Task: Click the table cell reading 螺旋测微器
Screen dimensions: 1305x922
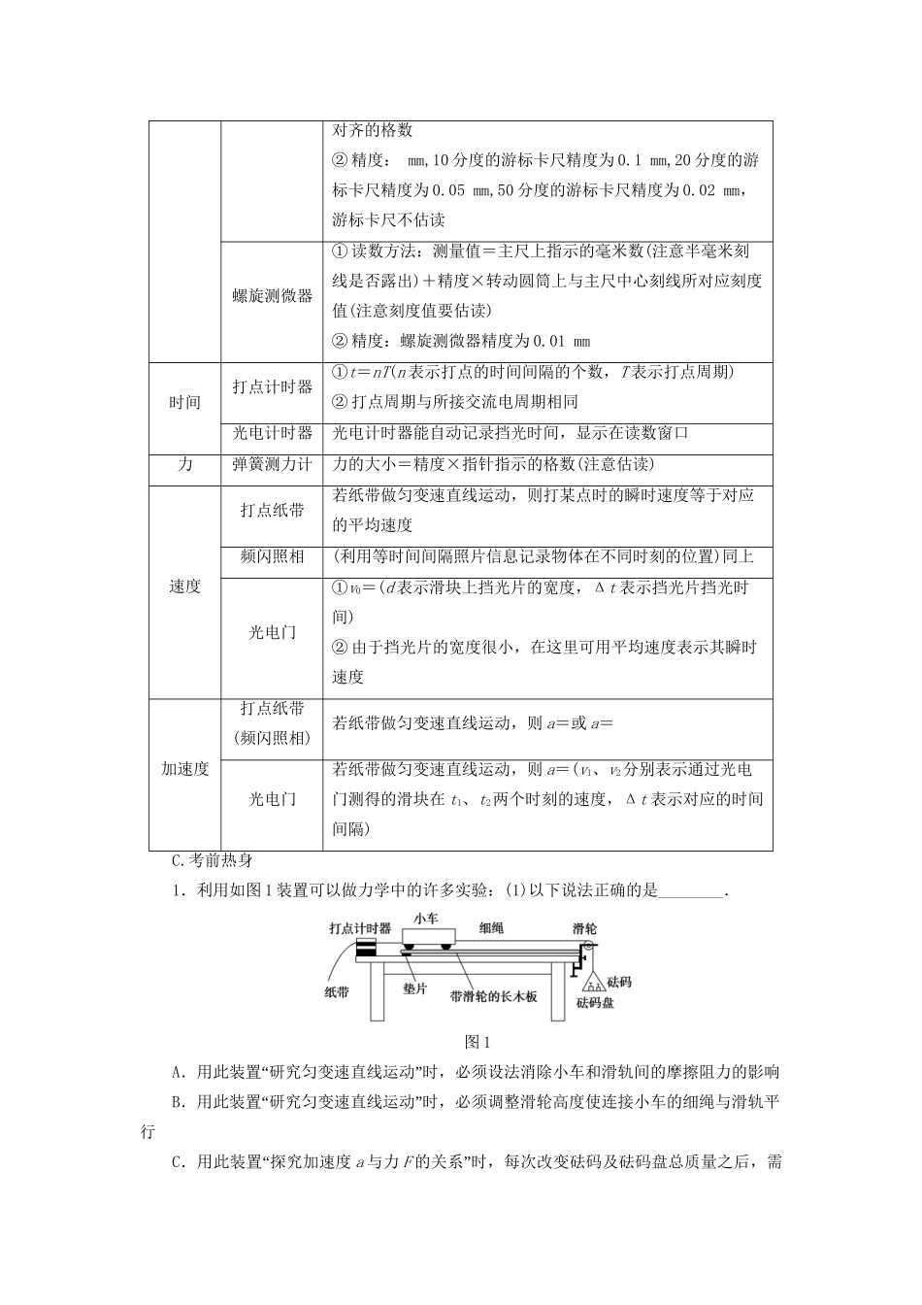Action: (x=272, y=296)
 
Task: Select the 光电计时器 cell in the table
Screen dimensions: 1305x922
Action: (x=272, y=433)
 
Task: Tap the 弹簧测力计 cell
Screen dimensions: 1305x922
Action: (x=272, y=465)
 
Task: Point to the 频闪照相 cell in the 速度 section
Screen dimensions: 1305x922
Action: (x=272, y=556)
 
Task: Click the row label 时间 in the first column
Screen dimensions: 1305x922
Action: (x=184, y=402)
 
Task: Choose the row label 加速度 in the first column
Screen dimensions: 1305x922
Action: (x=184, y=769)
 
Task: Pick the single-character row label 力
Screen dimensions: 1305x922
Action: (x=184, y=465)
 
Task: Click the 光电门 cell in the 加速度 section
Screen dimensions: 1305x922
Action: (x=272, y=799)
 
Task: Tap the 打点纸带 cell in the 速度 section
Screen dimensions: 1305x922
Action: (x=272, y=510)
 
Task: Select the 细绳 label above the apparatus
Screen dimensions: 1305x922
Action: (x=491, y=928)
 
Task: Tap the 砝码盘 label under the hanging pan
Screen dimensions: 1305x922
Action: (x=595, y=1002)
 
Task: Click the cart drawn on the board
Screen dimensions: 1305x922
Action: (x=428, y=939)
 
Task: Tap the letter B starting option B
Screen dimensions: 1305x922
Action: (x=178, y=1102)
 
